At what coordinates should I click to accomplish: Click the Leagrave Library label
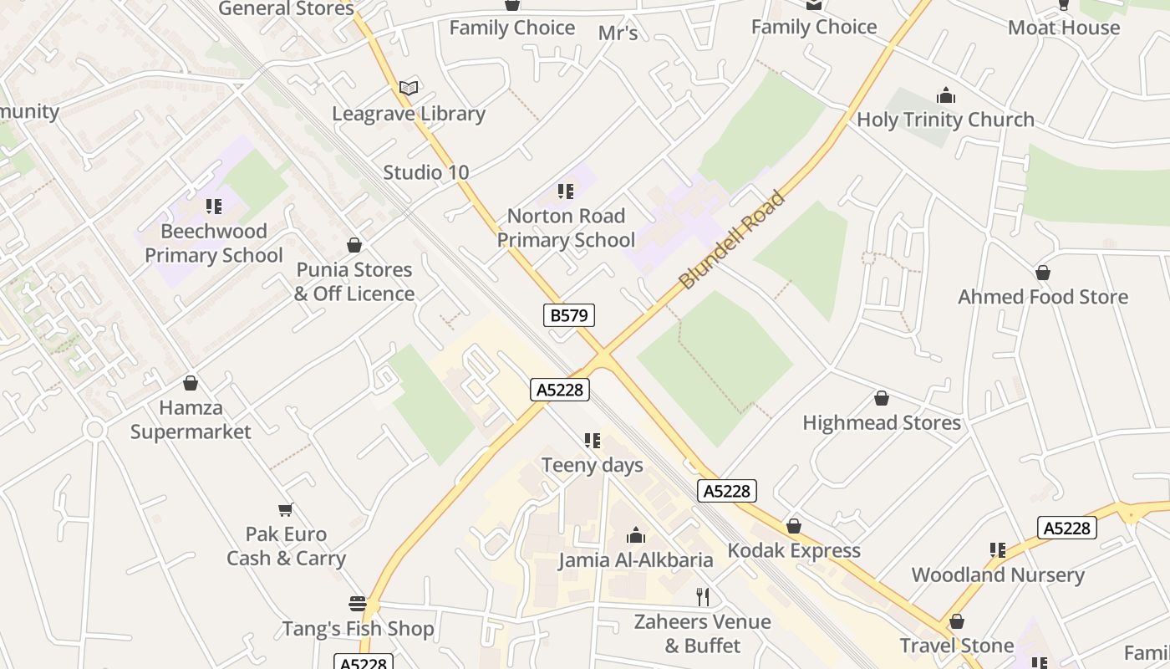(x=409, y=114)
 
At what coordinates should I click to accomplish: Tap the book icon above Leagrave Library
(x=409, y=88)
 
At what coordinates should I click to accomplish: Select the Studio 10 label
(x=425, y=173)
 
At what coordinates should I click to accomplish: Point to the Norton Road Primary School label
(x=567, y=228)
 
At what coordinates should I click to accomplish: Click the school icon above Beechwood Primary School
(x=214, y=206)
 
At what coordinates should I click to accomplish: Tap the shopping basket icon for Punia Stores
(x=354, y=245)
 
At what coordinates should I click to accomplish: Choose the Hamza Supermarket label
(x=191, y=420)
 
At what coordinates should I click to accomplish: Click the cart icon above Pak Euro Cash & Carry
(x=286, y=509)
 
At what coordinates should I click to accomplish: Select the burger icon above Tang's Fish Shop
(x=358, y=604)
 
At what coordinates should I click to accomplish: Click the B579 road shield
(x=569, y=315)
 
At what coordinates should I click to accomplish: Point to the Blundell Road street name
(x=733, y=240)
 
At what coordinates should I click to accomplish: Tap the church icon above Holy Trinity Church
(x=945, y=95)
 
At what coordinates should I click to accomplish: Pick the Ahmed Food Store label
(x=1042, y=297)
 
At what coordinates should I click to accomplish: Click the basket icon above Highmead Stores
(x=881, y=398)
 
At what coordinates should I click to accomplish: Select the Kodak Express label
(x=793, y=550)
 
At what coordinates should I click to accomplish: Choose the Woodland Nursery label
(x=997, y=575)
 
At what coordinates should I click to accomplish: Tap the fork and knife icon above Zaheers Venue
(x=703, y=597)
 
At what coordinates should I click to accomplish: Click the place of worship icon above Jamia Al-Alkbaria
(x=636, y=535)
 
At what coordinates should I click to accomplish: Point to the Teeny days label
(x=593, y=465)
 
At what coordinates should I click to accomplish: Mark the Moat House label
(x=1063, y=28)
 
